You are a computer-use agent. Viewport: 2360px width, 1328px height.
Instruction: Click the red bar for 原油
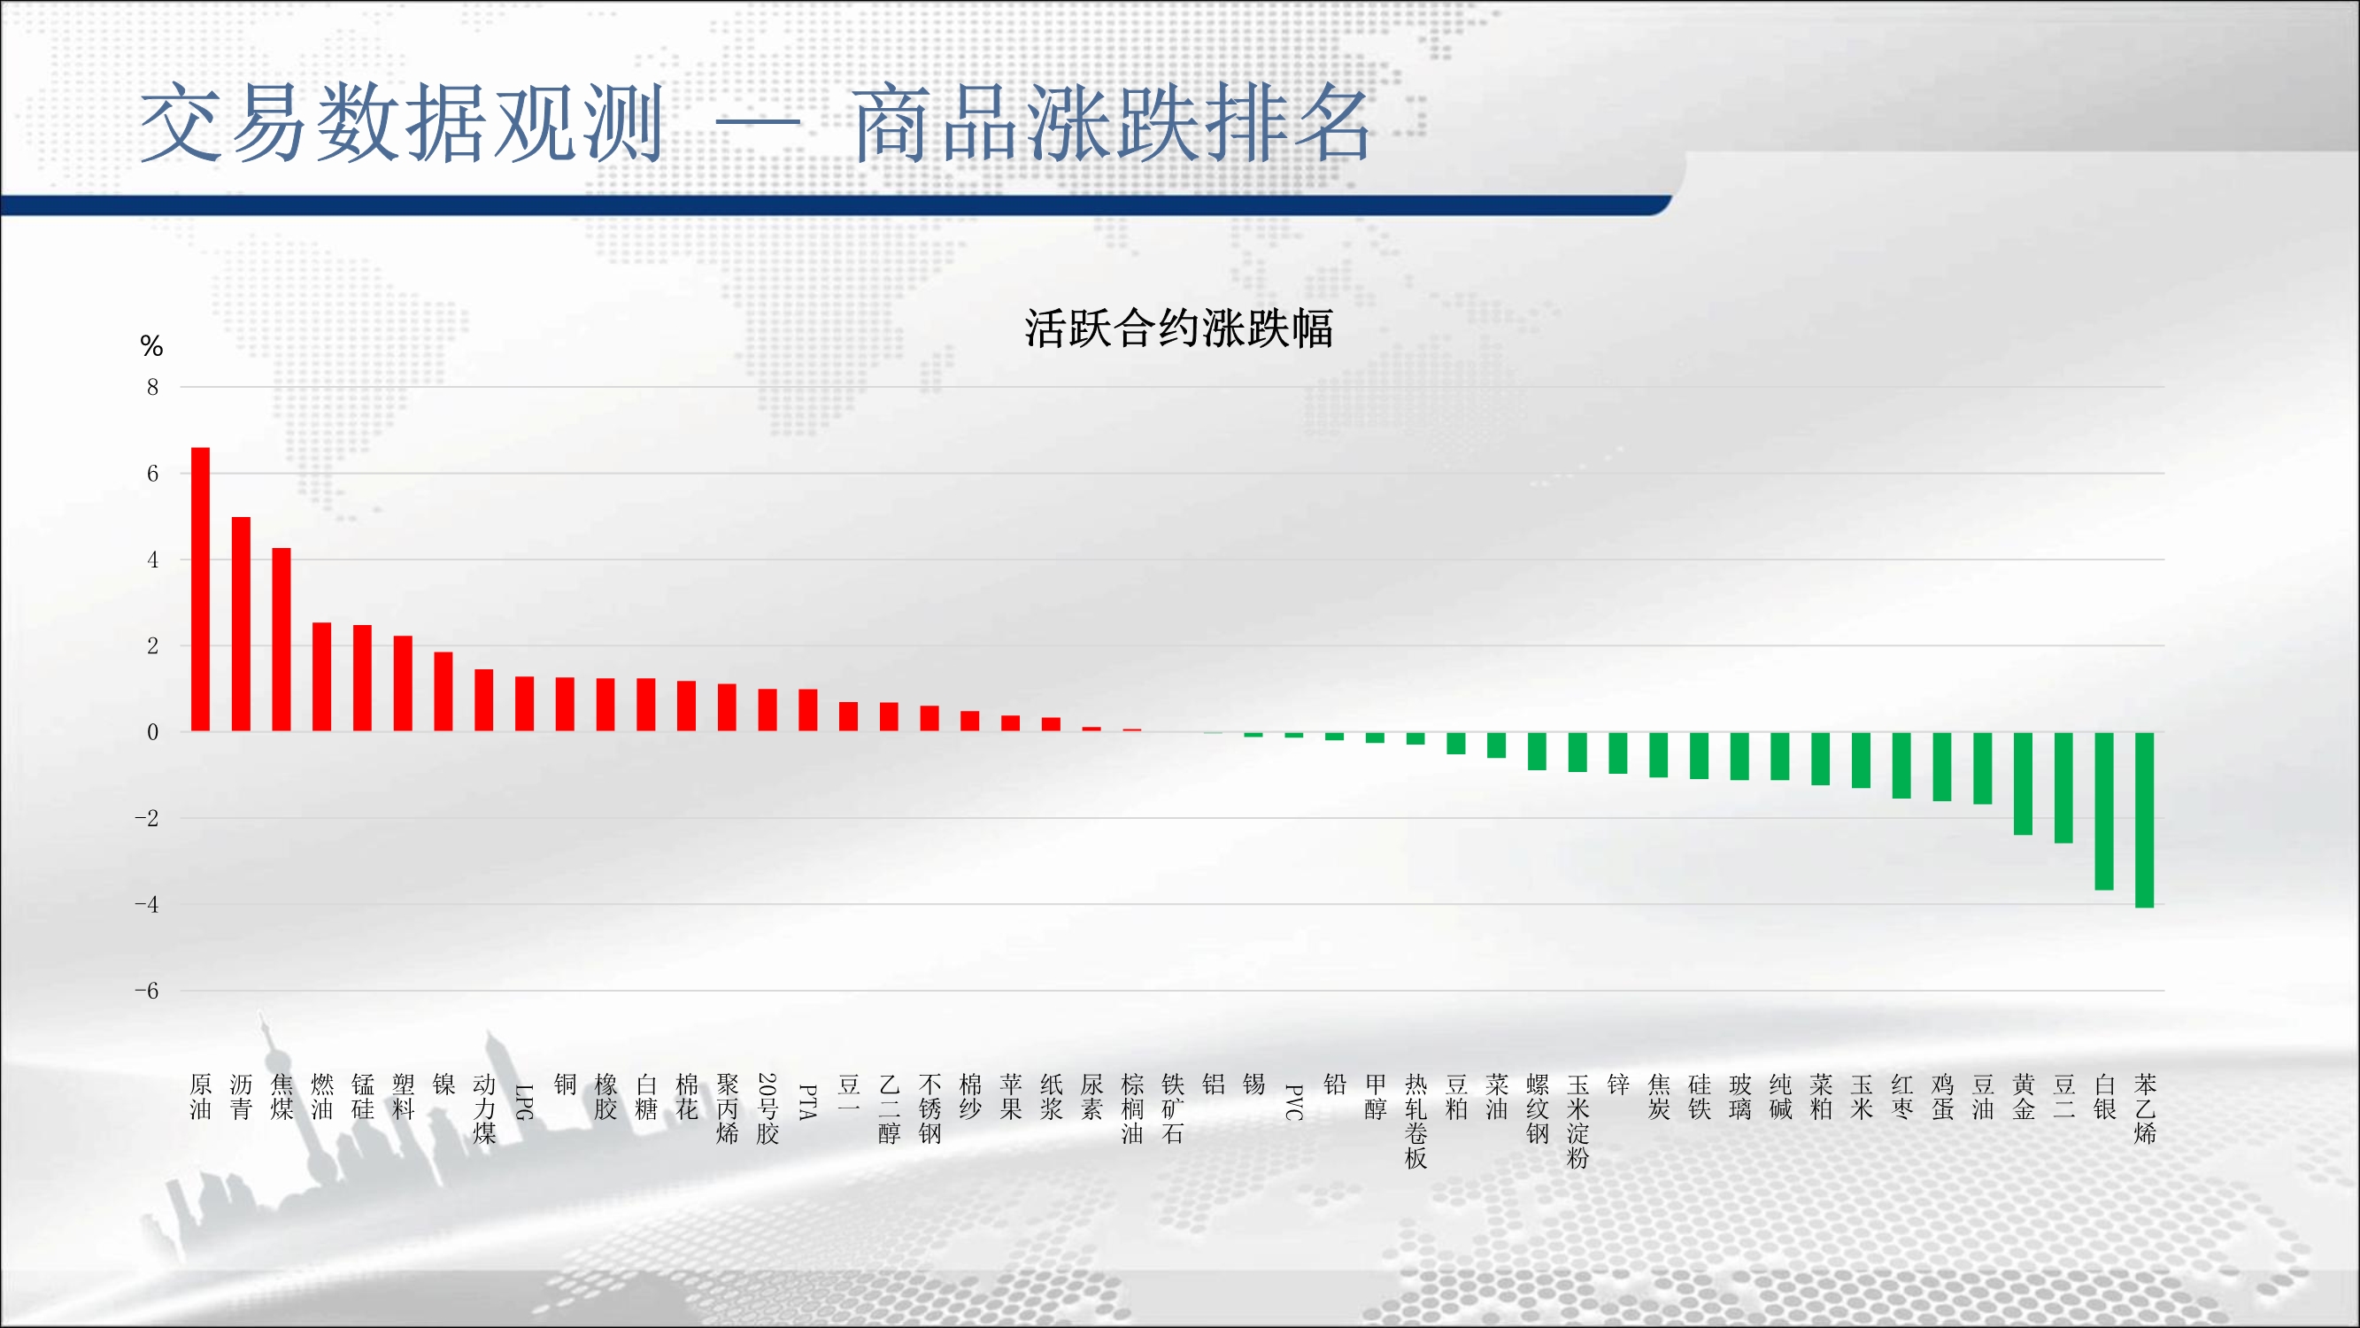[x=201, y=590]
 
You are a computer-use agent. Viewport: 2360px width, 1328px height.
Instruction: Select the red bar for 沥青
[x=241, y=624]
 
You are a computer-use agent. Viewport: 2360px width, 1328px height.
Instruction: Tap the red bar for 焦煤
[x=282, y=640]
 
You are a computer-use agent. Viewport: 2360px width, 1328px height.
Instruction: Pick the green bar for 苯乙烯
[x=2145, y=819]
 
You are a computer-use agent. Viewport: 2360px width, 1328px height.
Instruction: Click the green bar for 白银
[x=2104, y=810]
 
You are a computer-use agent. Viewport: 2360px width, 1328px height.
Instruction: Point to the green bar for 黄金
[x=2023, y=783]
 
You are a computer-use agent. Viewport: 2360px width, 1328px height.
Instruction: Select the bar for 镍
[x=443, y=692]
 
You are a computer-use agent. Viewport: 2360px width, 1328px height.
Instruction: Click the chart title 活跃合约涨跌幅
[x=1179, y=328]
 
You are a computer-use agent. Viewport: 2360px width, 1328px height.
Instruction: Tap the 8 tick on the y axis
[x=153, y=387]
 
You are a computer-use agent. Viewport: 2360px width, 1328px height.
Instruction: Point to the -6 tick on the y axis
[x=147, y=991]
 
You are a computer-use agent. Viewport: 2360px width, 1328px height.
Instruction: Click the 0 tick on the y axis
[x=153, y=731]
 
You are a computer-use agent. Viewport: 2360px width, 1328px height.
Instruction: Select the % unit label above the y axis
[x=152, y=345]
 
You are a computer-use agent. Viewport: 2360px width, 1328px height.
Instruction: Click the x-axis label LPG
[x=524, y=1101]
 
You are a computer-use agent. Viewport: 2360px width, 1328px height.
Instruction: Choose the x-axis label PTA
[x=808, y=1101]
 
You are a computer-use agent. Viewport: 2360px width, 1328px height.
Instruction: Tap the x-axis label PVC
[x=1293, y=1101]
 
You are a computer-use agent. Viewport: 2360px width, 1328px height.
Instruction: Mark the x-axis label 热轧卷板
[x=1415, y=1122]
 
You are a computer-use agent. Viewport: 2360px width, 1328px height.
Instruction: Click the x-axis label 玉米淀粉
[x=1577, y=1122]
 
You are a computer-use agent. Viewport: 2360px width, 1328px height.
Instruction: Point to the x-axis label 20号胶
[x=767, y=1109]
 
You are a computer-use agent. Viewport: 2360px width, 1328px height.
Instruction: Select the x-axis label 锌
[x=1618, y=1085]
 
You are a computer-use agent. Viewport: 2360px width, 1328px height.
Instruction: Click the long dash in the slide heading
[x=758, y=121]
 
